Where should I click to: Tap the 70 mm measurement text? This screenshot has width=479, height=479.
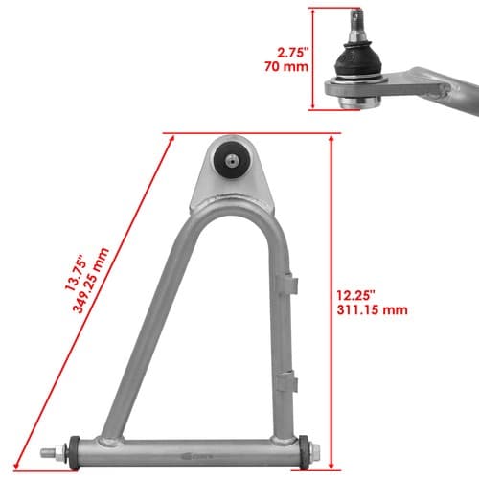tap(286, 66)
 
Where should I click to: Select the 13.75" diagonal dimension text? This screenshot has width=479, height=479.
tap(76, 272)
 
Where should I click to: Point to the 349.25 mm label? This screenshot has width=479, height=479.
tap(91, 281)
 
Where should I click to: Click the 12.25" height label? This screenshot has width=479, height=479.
tap(355, 295)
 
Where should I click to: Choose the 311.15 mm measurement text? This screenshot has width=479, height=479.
tap(372, 309)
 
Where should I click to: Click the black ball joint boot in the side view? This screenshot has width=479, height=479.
tap(357, 60)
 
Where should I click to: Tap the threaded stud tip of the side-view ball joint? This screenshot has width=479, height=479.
tap(356, 15)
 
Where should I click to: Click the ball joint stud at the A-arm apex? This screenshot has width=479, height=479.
tap(232, 160)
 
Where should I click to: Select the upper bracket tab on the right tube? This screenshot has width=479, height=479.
tap(286, 283)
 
